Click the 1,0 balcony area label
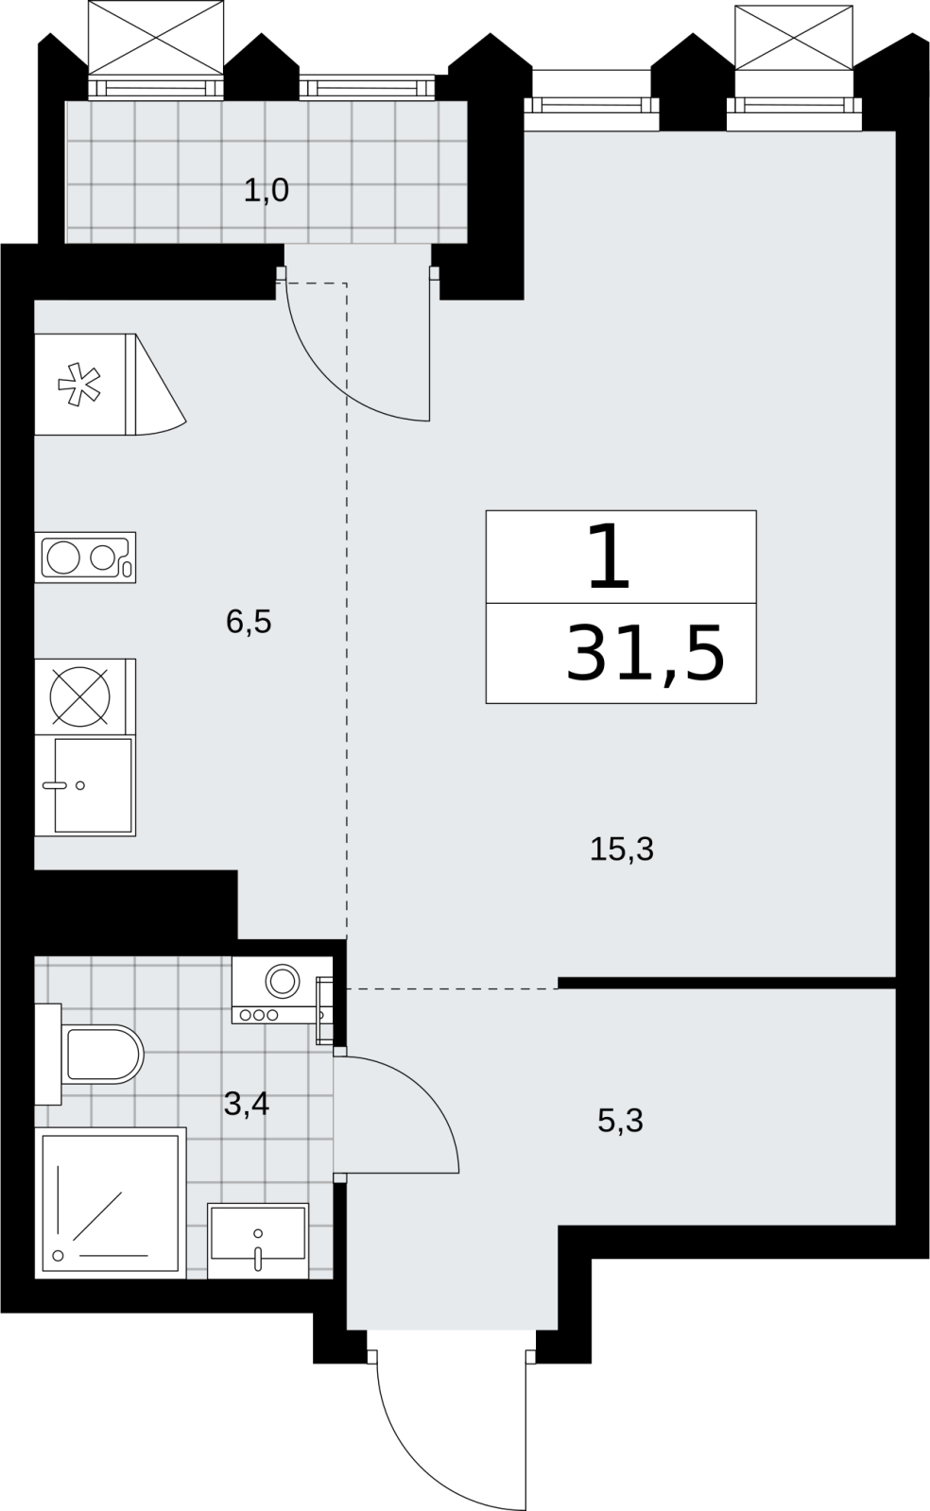coord(266,191)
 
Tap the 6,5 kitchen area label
coord(249,621)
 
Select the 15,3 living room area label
coord(622,850)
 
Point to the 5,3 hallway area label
coord(620,1121)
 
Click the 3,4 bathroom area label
coord(247,1105)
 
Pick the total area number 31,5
coord(646,653)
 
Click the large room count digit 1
coord(610,558)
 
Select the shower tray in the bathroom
coord(110,1203)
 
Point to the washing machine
coord(282,989)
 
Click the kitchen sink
coord(85,786)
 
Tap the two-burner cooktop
coord(85,558)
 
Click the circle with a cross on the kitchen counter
coord(80,696)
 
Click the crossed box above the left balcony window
coord(156,37)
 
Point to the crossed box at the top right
coord(794,37)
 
